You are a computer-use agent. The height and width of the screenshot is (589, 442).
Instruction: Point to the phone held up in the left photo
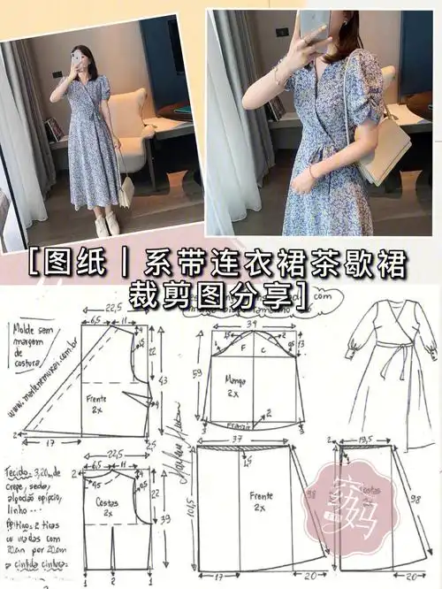[77, 58]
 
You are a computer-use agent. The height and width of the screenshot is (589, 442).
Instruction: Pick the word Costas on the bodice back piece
[108, 502]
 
